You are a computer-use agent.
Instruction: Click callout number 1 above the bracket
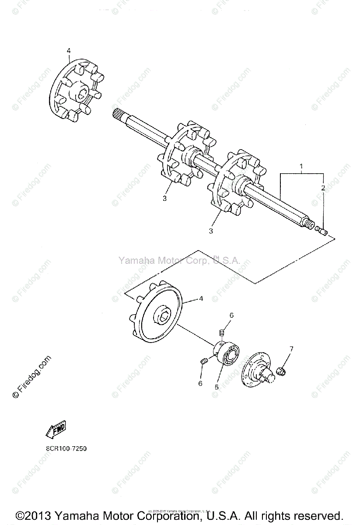[x=301, y=166]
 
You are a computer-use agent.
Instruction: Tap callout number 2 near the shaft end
[x=323, y=188]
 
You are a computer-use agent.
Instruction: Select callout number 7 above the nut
[x=291, y=349]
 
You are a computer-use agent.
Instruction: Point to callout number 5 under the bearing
[x=216, y=387]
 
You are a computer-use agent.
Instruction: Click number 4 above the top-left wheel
[x=69, y=51]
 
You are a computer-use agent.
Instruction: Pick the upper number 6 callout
[x=232, y=315]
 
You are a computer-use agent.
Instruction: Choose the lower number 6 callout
[x=200, y=383]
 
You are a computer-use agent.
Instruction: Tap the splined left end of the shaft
[x=117, y=116]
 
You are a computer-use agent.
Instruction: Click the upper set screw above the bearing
[x=222, y=335]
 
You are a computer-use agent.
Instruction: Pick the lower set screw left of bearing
[x=203, y=361]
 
